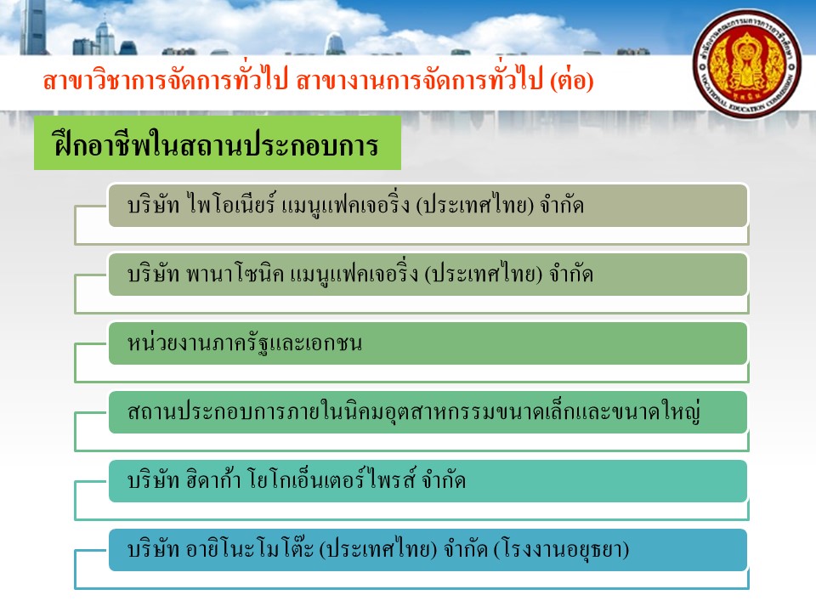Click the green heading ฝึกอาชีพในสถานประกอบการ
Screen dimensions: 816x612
tap(217, 144)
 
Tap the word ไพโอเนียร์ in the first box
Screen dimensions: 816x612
tap(231, 204)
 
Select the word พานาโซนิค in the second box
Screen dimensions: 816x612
tap(235, 273)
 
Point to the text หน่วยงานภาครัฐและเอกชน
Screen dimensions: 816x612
tap(245, 343)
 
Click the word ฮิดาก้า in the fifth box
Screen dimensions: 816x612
tap(213, 479)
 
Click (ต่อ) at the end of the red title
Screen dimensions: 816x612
tap(572, 81)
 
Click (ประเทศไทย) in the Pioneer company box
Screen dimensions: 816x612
tap(475, 205)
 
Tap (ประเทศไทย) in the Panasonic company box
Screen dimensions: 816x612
tap(484, 274)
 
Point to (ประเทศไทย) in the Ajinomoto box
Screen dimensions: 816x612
tap(377, 550)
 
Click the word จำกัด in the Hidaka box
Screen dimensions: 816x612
tap(444, 480)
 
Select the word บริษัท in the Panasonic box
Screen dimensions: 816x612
tap(154, 274)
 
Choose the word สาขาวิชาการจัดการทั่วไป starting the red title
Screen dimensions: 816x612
tap(166, 81)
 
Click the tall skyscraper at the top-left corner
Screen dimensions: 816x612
tap(33, 26)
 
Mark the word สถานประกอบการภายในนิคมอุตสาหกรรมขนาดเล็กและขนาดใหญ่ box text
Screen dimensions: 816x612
tap(414, 411)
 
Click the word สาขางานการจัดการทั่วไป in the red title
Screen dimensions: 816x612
tap(420, 81)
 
